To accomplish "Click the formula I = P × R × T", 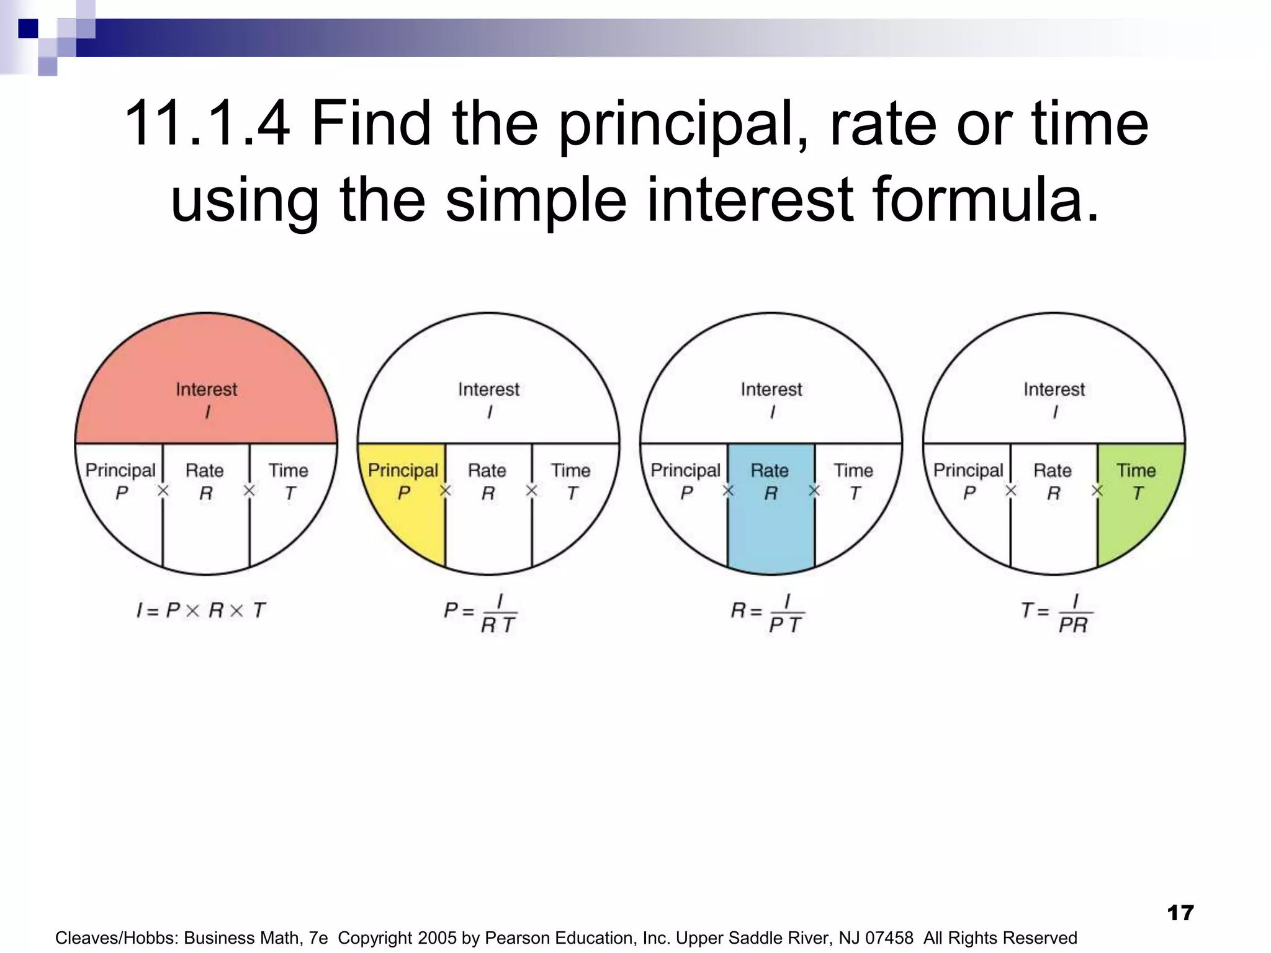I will pos(201,611).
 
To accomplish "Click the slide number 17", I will pos(1180,913).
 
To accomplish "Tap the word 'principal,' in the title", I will pos(683,124).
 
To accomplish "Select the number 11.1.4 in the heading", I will pos(207,124).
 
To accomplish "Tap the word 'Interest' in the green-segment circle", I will pos(1054,390).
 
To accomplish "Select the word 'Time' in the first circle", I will pos(288,470).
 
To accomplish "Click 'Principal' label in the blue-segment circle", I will pos(685,470).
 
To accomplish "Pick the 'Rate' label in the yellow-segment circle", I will pos(487,470).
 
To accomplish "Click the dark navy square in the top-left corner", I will pos(28,29).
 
